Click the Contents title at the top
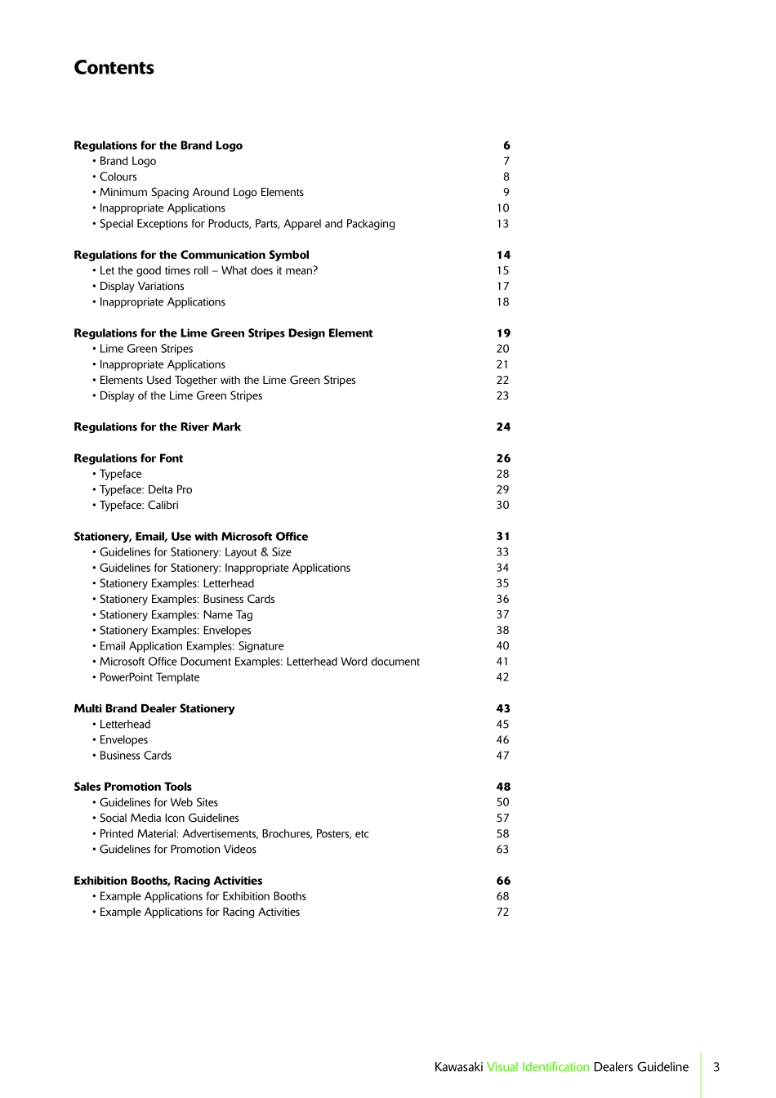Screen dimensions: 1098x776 coord(114,68)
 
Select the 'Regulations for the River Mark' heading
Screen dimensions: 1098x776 coord(157,427)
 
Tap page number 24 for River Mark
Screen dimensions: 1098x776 coord(503,427)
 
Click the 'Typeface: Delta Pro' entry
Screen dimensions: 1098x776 coord(145,490)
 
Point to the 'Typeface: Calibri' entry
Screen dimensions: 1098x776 coord(139,506)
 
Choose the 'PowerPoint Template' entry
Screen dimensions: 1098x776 coord(149,678)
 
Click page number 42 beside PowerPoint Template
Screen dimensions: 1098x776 coord(502,678)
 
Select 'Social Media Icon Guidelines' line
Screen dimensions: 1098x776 coord(169,819)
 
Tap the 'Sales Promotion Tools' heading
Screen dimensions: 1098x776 coord(132,788)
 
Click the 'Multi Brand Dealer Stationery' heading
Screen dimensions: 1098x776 coord(154,709)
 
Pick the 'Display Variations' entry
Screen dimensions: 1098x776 coord(141,287)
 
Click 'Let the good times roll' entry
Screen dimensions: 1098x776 coord(208,271)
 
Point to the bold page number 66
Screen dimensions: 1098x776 coord(503,882)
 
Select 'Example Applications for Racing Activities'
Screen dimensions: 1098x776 coord(199,913)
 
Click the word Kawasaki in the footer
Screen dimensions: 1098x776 coord(458,1067)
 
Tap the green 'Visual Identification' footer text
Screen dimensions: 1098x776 coord(538,1067)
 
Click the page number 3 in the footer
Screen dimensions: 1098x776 coord(716,1067)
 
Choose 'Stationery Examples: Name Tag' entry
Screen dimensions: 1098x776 coord(176,615)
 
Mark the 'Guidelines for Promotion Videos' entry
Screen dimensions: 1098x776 coord(177,850)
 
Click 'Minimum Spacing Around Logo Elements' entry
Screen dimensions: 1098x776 coord(201,193)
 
